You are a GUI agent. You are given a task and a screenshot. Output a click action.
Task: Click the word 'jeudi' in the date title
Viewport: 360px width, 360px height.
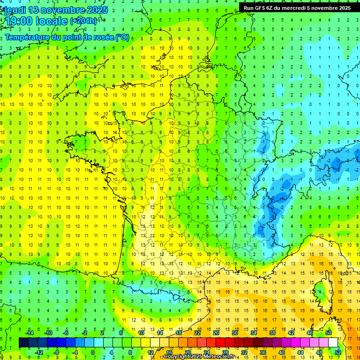(15, 10)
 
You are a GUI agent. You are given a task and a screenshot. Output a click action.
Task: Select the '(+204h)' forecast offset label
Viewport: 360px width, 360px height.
(84, 21)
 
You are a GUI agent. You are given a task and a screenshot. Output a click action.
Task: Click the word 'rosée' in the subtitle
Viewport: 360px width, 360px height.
(103, 37)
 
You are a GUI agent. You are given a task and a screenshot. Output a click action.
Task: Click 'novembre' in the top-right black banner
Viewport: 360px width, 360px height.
(322, 7)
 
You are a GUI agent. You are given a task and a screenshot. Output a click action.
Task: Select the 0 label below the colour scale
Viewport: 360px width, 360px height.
(93, 352)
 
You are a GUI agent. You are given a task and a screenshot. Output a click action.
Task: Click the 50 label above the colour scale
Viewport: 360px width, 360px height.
(328, 333)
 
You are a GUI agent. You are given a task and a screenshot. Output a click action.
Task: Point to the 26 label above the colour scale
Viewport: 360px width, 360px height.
(216, 333)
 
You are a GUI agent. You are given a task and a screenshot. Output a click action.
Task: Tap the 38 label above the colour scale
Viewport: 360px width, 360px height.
(272, 333)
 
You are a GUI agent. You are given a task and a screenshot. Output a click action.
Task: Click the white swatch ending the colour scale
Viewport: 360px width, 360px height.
(333, 343)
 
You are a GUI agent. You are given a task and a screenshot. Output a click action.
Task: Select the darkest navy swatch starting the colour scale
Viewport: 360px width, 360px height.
(23, 343)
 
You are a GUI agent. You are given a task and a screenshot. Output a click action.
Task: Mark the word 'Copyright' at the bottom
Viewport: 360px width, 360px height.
(177, 357)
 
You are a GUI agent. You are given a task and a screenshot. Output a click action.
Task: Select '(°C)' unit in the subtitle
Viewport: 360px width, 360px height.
(122, 37)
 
